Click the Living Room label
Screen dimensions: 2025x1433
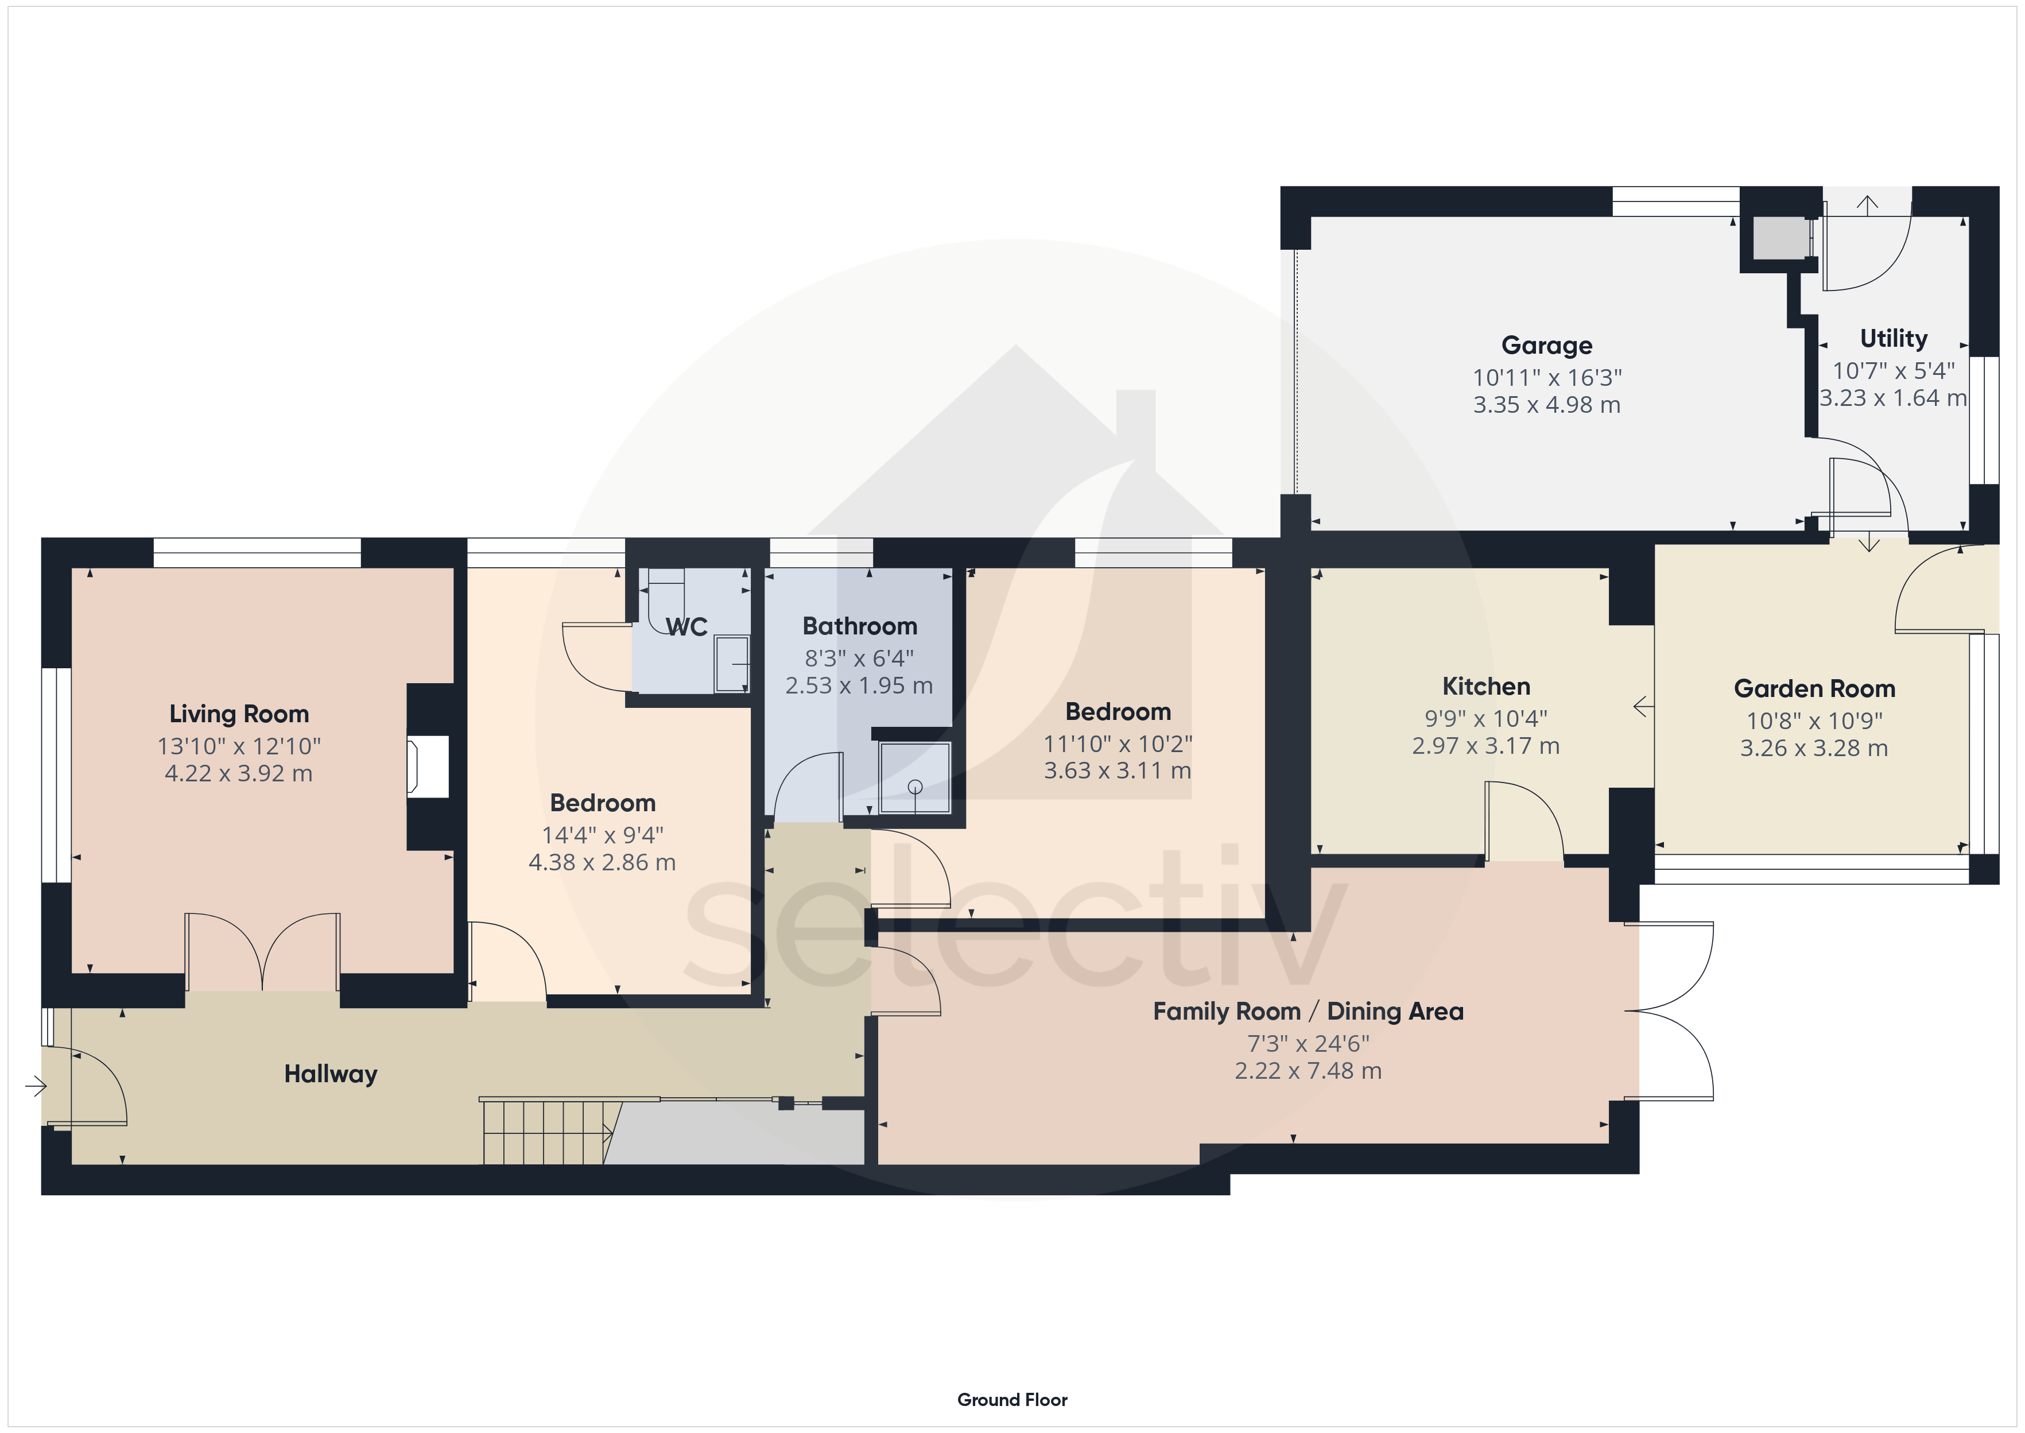pyautogui.click(x=239, y=714)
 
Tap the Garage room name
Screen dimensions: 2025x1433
pyautogui.click(x=1547, y=345)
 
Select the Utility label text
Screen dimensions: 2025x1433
pyautogui.click(x=1894, y=338)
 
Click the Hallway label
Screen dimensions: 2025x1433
pyautogui.click(x=331, y=1074)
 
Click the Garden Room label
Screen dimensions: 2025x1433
pyautogui.click(x=1814, y=688)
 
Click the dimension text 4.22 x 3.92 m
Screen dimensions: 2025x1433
pyautogui.click(x=239, y=774)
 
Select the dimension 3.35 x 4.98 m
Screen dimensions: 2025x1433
pyautogui.click(x=1547, y=405)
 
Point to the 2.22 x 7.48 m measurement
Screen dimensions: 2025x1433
pyautogui.click(x=1308, y=1071)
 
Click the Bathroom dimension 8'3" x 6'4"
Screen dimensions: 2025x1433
pyautogui.click(x=859, y=659)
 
